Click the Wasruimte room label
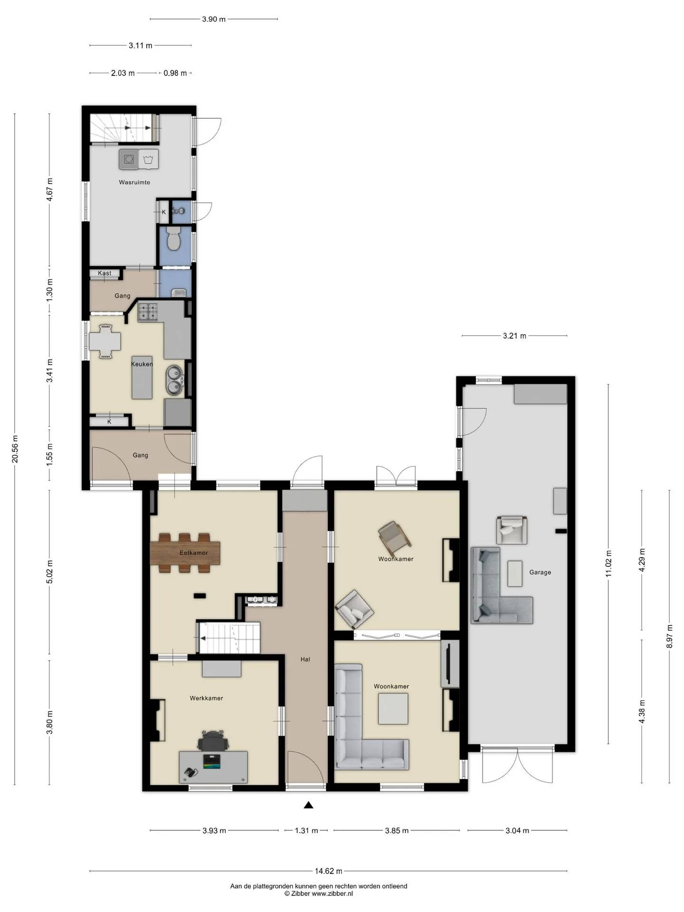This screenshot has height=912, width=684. (x=134, y=182)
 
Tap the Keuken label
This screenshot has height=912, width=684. (x=142, y=364)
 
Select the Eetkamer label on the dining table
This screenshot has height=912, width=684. (x=193, y=552)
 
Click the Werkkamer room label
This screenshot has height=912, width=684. (x=206, y=698)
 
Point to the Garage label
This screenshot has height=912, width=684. (x=540, y=572)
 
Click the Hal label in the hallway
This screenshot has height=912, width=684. (x=305, y=659)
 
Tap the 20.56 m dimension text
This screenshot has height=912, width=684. (x=15, y=449)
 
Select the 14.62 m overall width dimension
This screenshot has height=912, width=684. (x=328, y=871)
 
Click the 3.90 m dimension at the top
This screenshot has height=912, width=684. (x=214, y=19)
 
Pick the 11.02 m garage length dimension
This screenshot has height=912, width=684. (x=608, y=563)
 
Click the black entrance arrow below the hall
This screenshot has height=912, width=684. (x=309, y=805)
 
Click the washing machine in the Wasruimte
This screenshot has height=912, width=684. (x=129, y=160)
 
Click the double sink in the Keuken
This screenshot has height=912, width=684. (x=174, y=380)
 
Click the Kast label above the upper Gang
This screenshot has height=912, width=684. (x=104, y=273)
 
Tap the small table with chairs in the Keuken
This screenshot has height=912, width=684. (x=105, y=342)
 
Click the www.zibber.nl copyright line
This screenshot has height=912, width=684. (x=319, y=893)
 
